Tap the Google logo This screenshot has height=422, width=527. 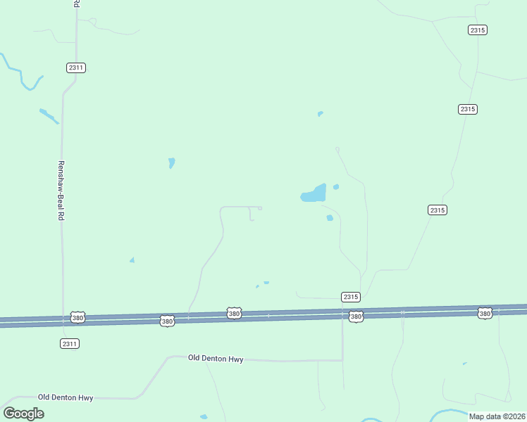(23, 413)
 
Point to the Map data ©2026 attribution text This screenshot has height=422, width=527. (497, 416)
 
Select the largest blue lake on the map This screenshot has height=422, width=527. (314, 193)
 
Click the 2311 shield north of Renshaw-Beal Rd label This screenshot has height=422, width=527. (77, 68)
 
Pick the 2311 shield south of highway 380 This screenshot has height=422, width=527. (70, 343)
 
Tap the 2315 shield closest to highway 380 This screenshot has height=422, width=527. (351, 297)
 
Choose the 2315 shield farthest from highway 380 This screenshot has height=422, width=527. (478, 30)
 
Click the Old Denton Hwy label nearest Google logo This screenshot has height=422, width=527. (66, 397)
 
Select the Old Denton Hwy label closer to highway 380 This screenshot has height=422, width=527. (216, 359)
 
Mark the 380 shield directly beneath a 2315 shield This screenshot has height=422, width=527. (356, 316)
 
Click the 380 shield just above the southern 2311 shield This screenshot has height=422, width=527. (78, 318)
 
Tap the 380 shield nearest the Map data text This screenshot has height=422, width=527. (484, 312)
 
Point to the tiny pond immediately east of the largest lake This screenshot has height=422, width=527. (336, 186)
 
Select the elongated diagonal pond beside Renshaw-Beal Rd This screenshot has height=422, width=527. (48, 115)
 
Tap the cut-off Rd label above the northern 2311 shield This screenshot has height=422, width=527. (76, 4)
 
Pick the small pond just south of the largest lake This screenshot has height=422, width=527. (329, 218)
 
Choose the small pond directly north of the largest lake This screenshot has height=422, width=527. (320, 113)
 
